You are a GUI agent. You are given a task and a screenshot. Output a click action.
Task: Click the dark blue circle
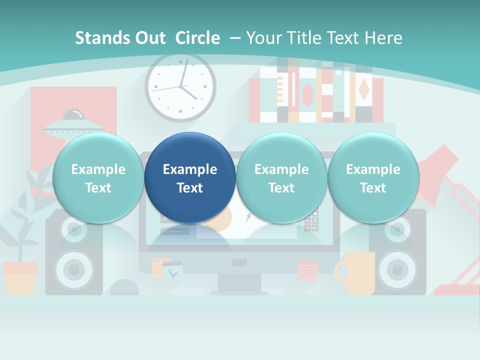(x=190, y=178)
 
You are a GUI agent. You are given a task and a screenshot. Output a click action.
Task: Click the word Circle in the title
(x=197, y=38)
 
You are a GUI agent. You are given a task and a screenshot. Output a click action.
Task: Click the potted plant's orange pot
(x=20, y=277)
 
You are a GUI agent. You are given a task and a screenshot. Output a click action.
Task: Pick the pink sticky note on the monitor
(x=307, y=270)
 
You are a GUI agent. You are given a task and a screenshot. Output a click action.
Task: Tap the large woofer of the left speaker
(x=74, y=270)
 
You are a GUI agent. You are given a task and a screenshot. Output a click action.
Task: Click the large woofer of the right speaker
(x=397, y=270)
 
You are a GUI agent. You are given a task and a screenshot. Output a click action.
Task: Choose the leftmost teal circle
(x=98, y=178)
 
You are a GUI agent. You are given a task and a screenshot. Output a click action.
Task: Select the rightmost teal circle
(x=373, y=178)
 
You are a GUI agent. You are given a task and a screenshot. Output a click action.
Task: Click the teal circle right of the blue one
(x=281, y=178)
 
